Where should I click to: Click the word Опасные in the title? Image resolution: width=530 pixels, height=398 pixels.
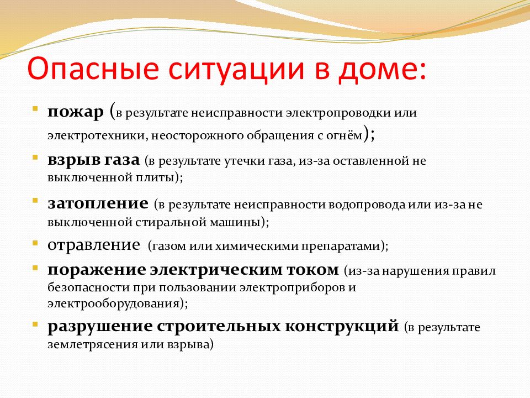(93, 69)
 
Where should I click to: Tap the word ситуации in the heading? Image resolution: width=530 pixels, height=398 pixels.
(236, 69)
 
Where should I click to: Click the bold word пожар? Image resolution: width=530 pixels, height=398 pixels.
(76, 112)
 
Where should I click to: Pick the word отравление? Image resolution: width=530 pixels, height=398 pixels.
(94, 245)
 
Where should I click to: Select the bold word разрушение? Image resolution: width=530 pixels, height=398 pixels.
(100, 327)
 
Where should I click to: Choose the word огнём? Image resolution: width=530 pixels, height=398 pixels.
(344, 135)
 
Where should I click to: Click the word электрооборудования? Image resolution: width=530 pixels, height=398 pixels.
(114, 303)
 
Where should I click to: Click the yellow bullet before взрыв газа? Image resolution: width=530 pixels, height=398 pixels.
(35, 157)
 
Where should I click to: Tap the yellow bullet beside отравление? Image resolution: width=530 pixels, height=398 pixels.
(35, 243)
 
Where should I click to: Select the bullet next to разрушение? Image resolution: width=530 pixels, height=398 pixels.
(35, 324)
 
